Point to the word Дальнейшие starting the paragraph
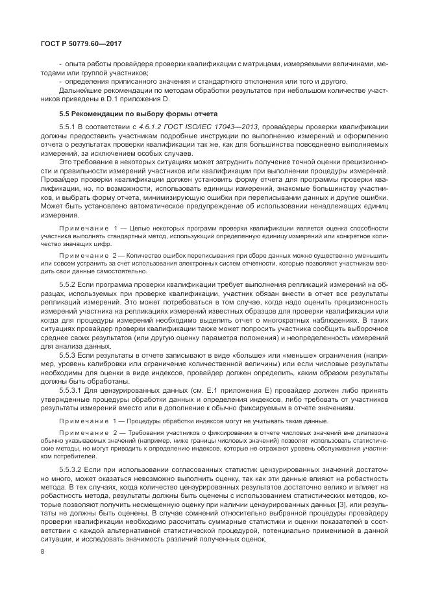point(78,90)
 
